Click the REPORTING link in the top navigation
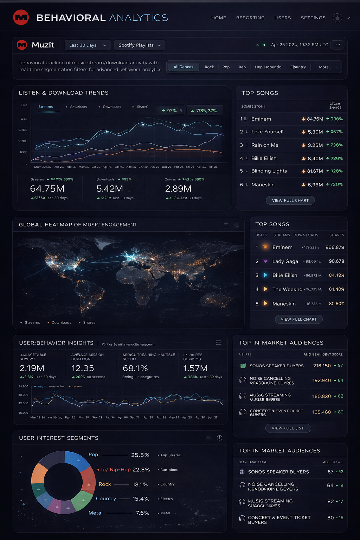[250, 18]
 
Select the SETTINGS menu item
[313, 18]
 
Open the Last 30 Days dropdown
[88, 45]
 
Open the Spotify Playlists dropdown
[139, 45]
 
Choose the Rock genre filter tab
[209, 67]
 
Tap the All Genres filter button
[183, 67]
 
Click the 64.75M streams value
[47, 189]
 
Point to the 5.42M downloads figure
[110, 189]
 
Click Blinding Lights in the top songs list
[269, 171]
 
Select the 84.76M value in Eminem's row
[315, 119]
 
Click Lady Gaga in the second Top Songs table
[285, 262]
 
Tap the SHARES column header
[336, 235]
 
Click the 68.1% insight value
[135, 368]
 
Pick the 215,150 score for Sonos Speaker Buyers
[322, 366]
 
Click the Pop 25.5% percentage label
[140, 455]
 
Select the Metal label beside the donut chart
[96, 513]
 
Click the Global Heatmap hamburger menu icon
[226, 225]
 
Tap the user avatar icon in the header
[337, 18]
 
